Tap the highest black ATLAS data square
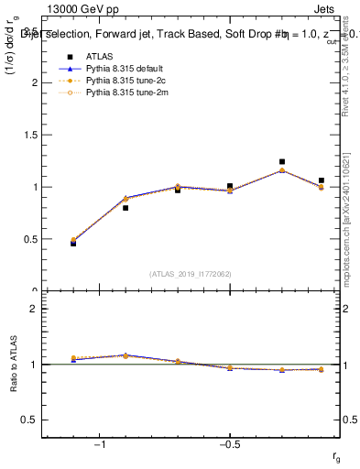point(282,162)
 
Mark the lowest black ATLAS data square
point(73,244)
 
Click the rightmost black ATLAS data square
point(321,180)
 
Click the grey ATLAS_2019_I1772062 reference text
point(191,274)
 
